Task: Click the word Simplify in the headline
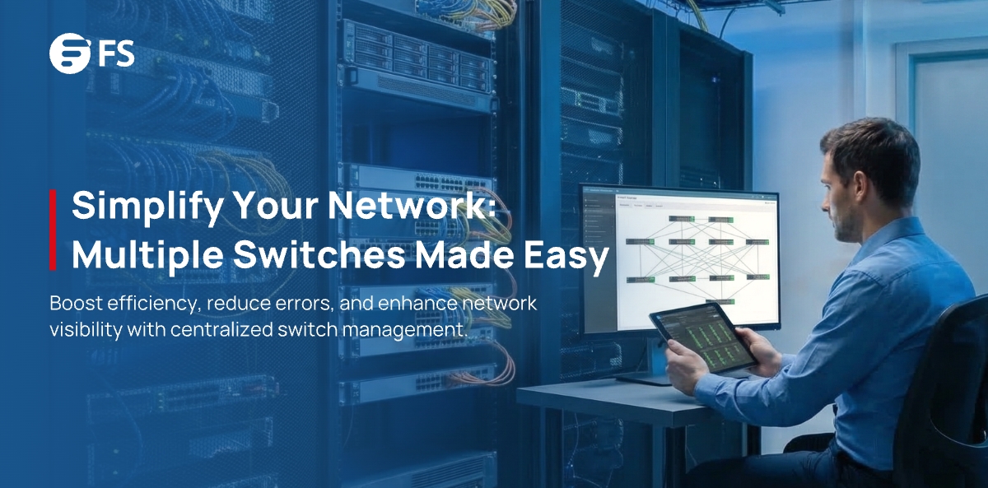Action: tap(133, 206)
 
